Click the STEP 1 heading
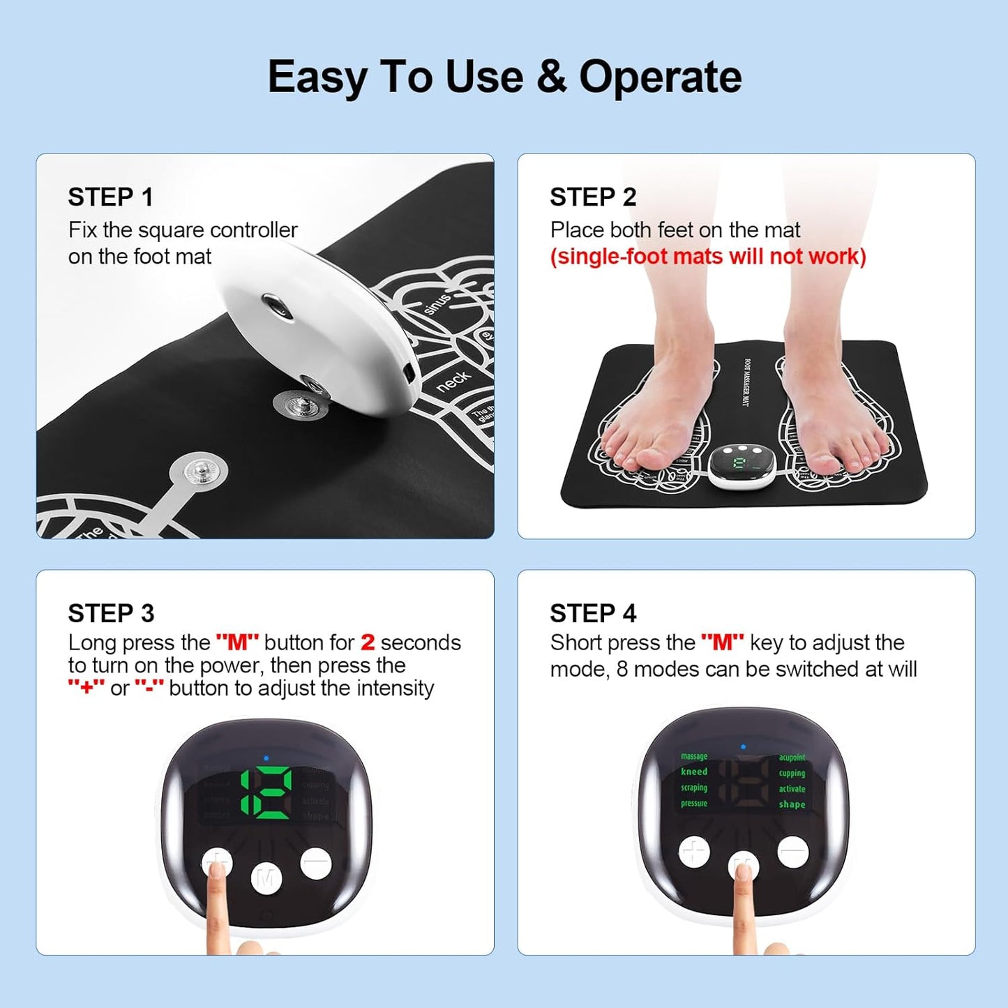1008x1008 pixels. (110, 197)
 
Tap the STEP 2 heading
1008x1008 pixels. (592, 197)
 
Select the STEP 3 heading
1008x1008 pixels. (111, 613)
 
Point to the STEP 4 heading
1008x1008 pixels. (592, 613)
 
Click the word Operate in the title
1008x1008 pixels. (660, 77)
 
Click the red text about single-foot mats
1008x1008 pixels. (707, 257)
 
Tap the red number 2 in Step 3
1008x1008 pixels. (368, 642)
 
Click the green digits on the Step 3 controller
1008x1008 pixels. (266, 793)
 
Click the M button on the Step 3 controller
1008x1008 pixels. (266, 878)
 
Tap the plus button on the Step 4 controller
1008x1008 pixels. (694, 852)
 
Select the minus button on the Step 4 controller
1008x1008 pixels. (793, 851)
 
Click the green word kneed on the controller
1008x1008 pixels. (694, 772)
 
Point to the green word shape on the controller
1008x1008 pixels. (792, 804)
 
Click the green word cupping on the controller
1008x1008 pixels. (792, 773)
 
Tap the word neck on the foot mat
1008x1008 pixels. (453, 381)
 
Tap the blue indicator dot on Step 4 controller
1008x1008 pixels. (743, 747)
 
